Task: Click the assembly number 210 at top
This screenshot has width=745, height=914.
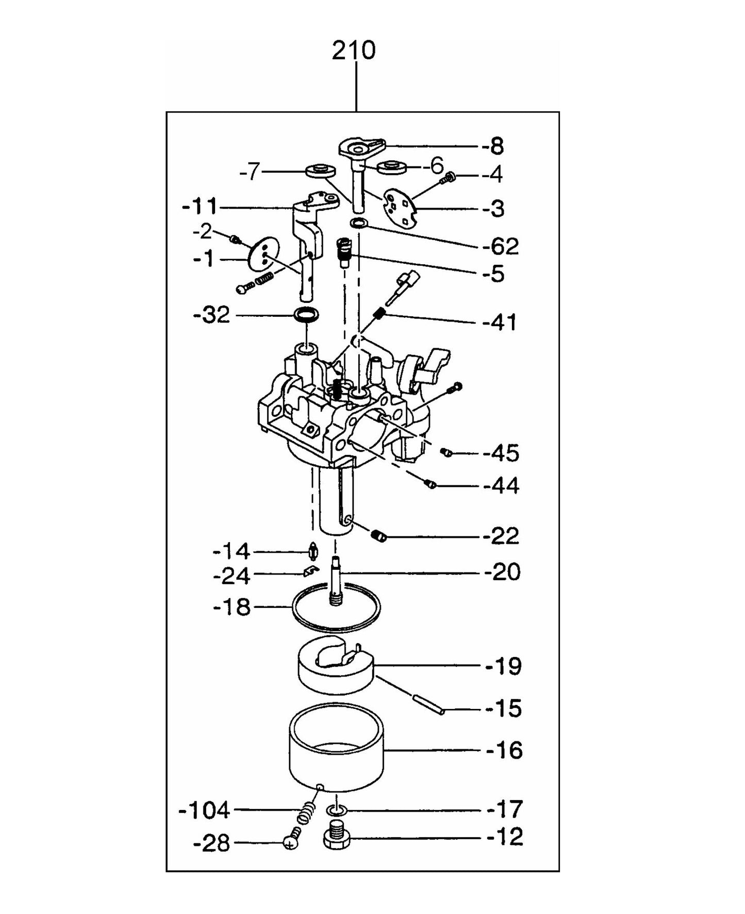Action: coord(354,50)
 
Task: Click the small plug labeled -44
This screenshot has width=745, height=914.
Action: coord(431,484)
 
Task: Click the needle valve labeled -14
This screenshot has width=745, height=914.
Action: coord(312,551)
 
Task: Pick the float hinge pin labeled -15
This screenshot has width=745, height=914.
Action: coord(428,703)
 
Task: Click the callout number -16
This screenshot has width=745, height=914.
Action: coord(504,751)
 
